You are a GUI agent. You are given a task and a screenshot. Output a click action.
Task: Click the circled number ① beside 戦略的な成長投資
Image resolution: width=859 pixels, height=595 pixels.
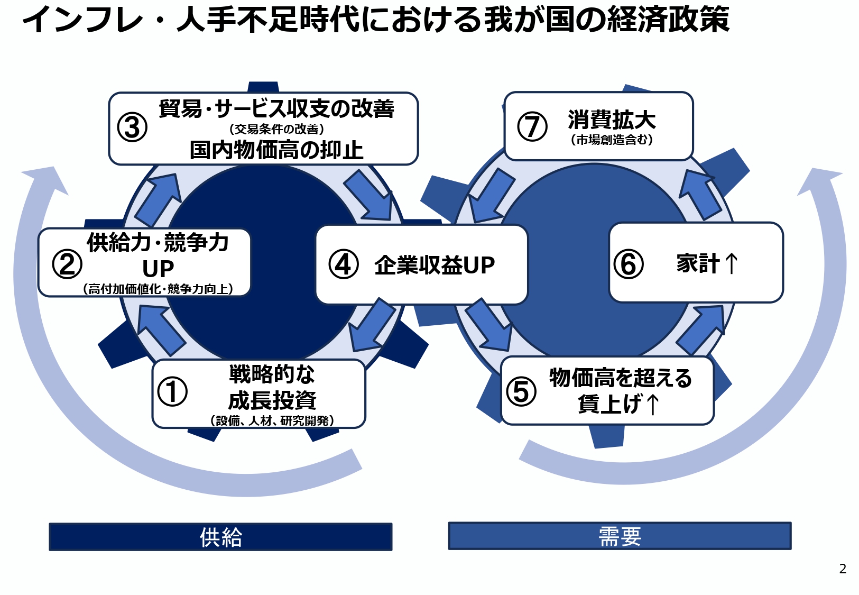point(172,392)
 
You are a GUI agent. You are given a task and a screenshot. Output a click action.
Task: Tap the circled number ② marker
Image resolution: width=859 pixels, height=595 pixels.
point(67,264)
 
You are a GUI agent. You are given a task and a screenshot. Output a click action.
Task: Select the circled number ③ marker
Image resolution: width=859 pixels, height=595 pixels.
point(132,127)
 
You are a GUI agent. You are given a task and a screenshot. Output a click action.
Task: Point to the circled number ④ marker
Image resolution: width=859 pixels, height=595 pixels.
point(344,264)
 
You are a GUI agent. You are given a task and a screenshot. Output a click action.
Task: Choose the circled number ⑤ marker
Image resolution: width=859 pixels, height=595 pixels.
point(521,391)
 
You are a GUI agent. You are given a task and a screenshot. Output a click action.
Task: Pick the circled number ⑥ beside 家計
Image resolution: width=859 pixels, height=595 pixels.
point(629,264)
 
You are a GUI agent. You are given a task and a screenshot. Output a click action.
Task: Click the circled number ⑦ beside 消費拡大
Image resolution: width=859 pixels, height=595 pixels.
point(532,126)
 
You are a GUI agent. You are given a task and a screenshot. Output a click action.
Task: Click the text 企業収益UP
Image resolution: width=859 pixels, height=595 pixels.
point(435,265)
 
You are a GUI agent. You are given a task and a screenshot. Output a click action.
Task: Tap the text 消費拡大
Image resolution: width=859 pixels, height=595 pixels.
point(612,120)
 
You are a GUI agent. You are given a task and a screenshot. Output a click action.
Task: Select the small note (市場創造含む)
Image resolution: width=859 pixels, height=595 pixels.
point(612,140)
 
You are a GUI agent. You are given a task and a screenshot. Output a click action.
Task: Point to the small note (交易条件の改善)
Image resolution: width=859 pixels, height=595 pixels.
point(276,129)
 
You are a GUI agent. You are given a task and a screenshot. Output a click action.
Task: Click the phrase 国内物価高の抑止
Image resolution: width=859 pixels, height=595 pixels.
point(276,150)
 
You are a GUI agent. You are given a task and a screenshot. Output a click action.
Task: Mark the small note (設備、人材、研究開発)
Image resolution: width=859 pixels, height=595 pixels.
point(272,420)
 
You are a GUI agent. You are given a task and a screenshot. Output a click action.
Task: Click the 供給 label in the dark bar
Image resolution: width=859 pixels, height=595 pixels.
point(220,537)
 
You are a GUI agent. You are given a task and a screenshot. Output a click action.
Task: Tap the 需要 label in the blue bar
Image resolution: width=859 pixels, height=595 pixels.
point(620,536)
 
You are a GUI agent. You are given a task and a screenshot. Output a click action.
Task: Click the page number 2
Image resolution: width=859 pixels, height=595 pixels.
point(843,569)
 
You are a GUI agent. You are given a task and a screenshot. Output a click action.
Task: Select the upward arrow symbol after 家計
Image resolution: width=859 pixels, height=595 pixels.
point(731,263)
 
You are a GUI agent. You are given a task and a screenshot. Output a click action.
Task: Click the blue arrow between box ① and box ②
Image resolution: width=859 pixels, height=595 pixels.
point(160,329)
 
